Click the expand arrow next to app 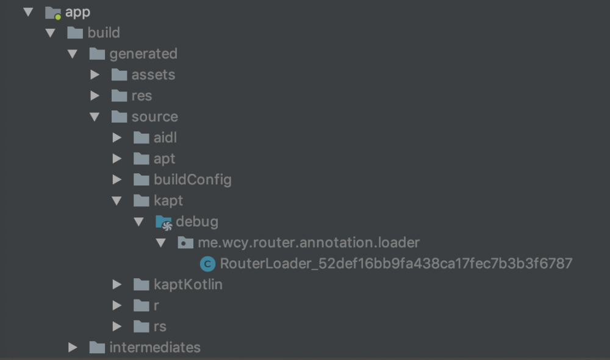point(28,12)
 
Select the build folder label point(104,33)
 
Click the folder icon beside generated point(97,54)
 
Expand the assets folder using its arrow point(95,74)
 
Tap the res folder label point(142,96)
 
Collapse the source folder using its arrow point(95,117)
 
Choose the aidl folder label point(165,137)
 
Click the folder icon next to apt point(142,159)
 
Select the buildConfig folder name point(193,180)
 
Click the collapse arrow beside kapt point(117,201)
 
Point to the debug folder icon point(163,222)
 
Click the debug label point(197,222)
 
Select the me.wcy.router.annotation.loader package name point(309,243)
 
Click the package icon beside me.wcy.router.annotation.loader point(185,243)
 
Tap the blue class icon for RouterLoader point(208,264)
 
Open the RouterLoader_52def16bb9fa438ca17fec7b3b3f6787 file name point(396,264)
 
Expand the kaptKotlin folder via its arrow point(117,284)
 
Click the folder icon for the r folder point(142,306)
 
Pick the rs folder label point(160,327)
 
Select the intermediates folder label point(155,348)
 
